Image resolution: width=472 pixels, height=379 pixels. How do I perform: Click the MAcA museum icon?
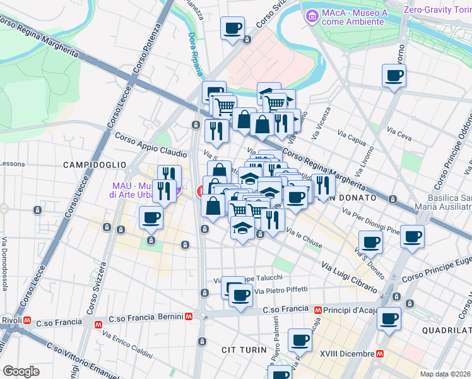pyautogui.click(x=311, y=16)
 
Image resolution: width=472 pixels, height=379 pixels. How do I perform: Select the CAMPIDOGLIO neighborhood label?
pyautogui.click(x=95, y=164)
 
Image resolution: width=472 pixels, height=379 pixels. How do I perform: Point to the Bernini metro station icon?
pyautogui.click(x=189, y=316)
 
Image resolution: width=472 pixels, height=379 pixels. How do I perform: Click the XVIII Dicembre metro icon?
pyautogui.click(x=379, y=354)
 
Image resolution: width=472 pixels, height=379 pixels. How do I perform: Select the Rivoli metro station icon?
pyautogui.click(x=27, y=320)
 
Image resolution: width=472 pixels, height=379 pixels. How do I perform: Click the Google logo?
pyautogui.click(x=21, y=371)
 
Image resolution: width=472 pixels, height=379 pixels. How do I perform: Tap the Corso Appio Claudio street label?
pyautogui.click(x=150, y=144)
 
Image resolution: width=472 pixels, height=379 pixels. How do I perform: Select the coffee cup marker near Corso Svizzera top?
pyautogui.click(x=233, y=28)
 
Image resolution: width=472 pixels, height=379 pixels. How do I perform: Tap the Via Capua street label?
pyautogui.click(x=352, y=138)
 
